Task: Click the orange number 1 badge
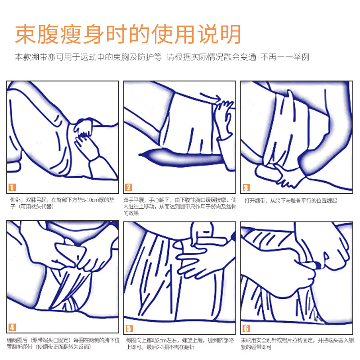12,187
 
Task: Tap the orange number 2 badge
129,187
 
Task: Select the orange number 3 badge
246,188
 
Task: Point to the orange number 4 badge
12,327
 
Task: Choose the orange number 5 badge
129,328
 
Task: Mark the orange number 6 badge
246,328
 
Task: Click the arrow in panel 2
210,97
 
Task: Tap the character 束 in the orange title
25,35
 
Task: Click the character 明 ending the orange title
230,35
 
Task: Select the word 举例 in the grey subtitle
301,57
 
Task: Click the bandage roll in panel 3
267,173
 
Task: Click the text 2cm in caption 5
161,340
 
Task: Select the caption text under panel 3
291,201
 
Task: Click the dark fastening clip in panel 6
318,265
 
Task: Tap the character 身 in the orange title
94,35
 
